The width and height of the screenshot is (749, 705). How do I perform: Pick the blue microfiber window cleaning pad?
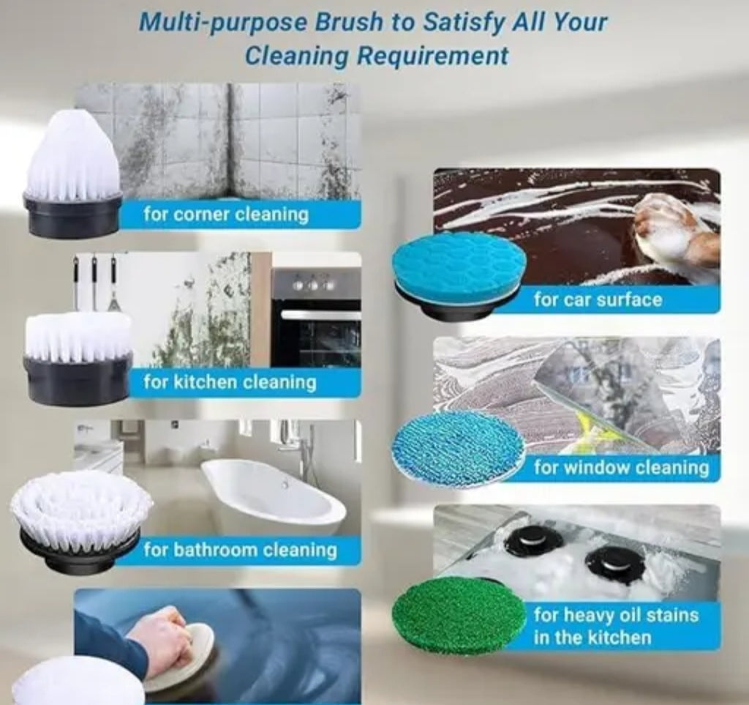click(458, 446)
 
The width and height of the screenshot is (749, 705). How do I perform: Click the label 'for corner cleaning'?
click(225, 215)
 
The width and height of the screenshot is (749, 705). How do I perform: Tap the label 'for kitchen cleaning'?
click(229, 381)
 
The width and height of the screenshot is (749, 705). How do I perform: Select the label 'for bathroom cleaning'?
click(240, 550)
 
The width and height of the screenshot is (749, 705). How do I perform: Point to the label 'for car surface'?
click(597, 299)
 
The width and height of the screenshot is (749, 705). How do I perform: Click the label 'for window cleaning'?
click(621, 467)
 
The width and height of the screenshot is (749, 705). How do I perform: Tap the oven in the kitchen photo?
click(315, 318)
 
